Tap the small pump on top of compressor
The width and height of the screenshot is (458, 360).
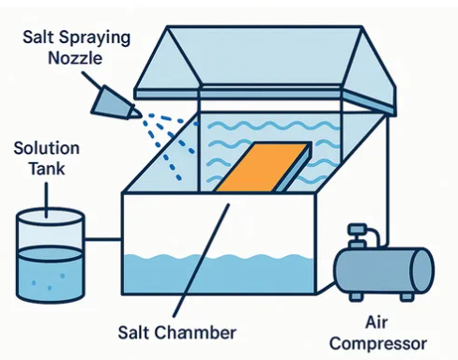pyautogui.click(x=357, y=234)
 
